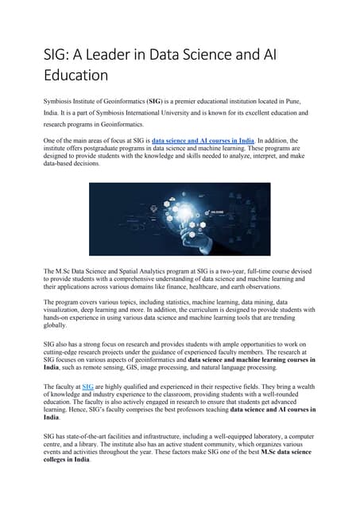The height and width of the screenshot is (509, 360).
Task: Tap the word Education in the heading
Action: (75, 76)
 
